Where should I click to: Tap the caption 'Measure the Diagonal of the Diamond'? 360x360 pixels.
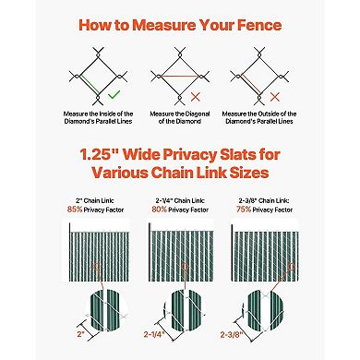click(x=180, y=114)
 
